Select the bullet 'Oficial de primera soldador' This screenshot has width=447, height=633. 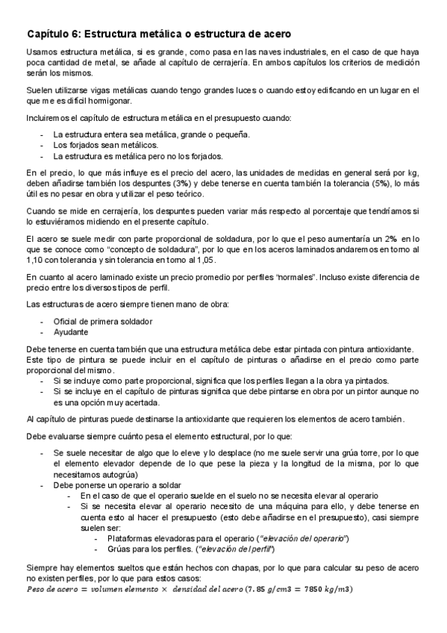point(103,321)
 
